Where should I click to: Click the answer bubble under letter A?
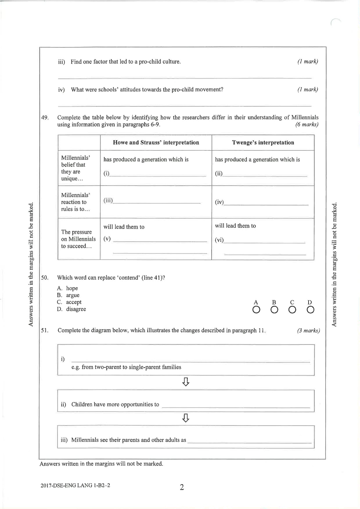256,310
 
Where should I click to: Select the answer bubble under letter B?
274,310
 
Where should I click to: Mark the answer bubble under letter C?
293,310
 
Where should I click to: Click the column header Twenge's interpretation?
263,143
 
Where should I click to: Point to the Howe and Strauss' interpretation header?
156,143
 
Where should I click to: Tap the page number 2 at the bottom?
182,488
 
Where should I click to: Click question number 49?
45,118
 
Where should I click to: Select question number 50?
45,278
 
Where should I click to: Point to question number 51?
45,331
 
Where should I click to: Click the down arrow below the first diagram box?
186,382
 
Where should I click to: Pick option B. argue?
68,295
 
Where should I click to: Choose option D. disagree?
72,309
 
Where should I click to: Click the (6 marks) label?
307,125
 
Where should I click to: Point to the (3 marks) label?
308,331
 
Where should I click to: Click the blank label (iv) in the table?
219,203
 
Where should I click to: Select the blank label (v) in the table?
107,239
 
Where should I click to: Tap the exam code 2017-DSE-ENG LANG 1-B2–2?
75,485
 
